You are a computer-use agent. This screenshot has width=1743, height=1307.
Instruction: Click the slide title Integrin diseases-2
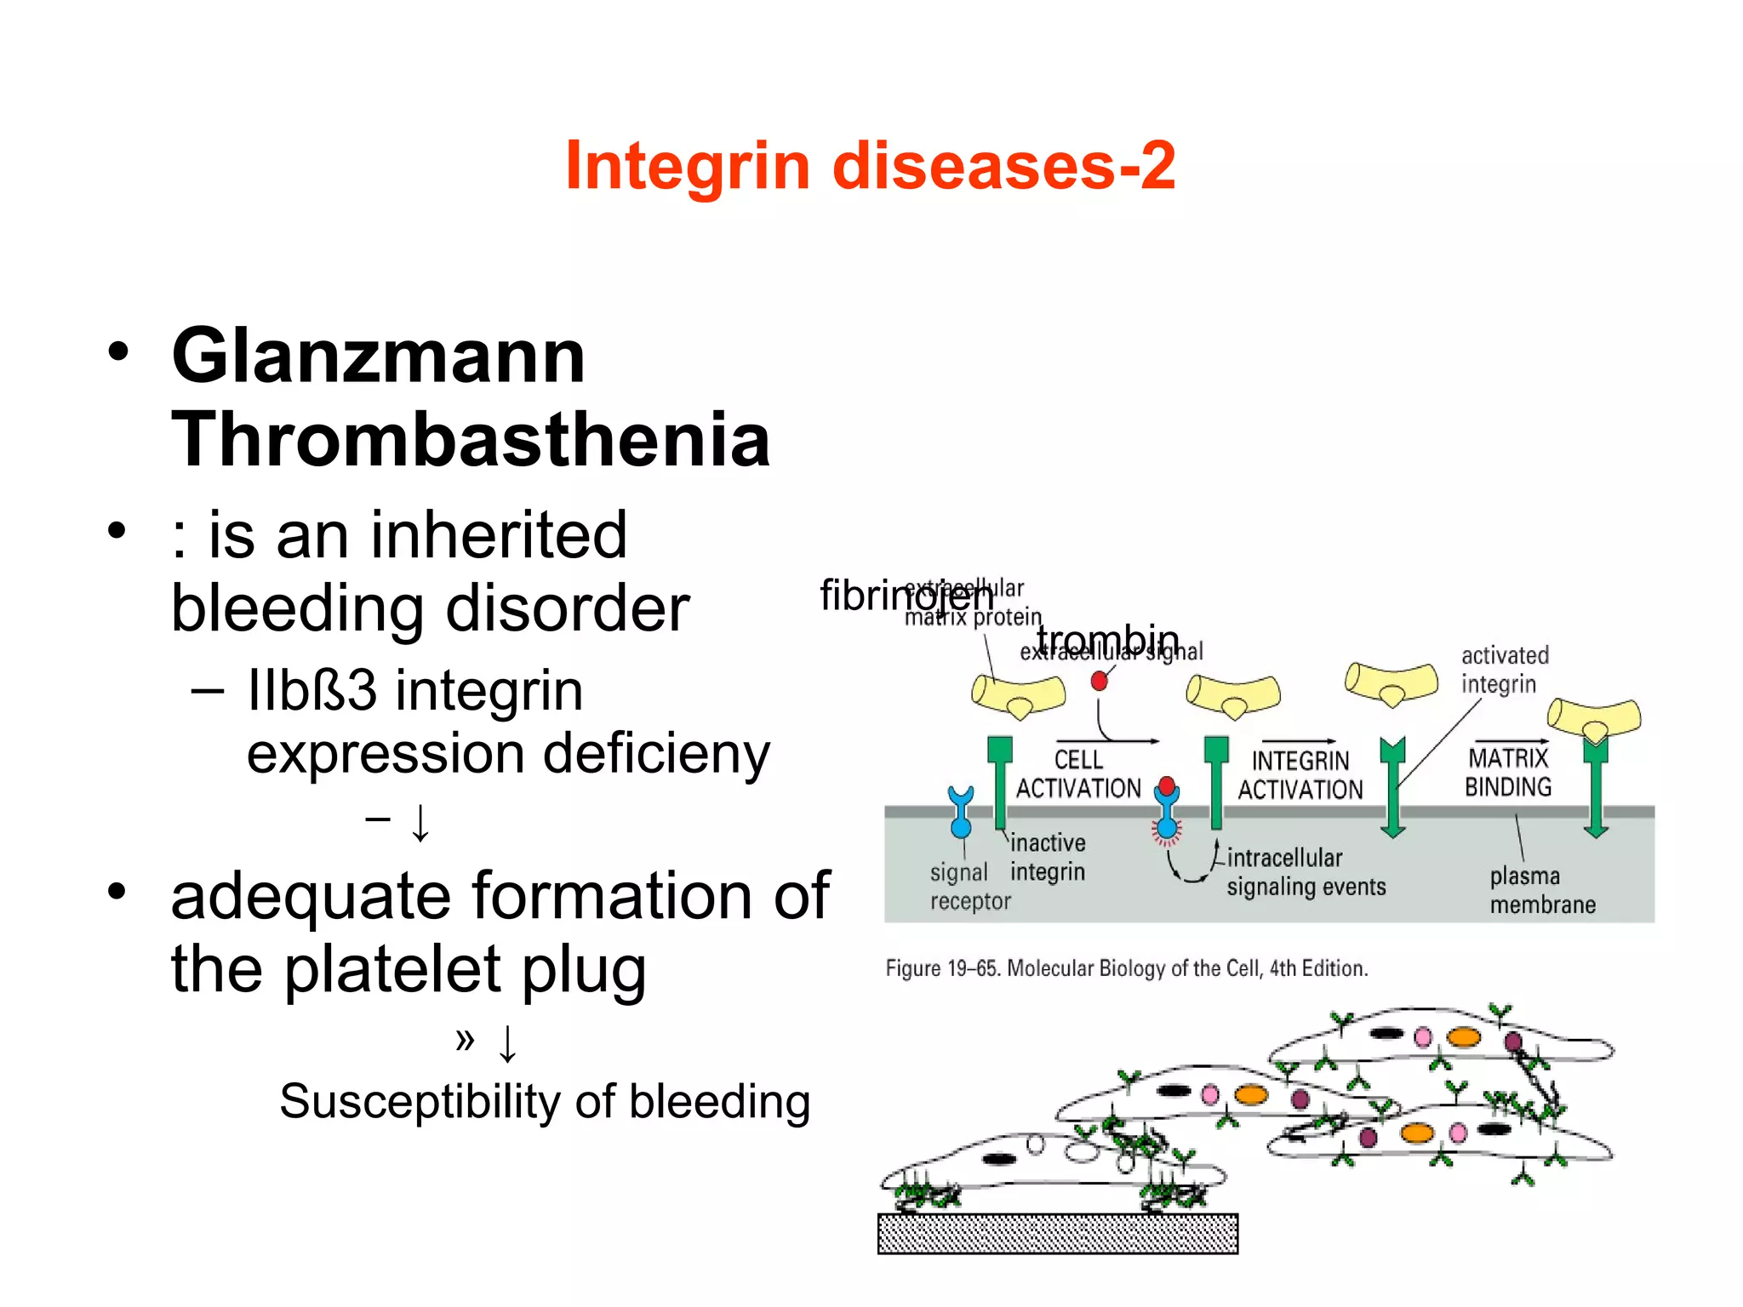[x=870, y=165]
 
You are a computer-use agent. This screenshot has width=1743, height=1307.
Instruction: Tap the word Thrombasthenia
[x=471, y=439]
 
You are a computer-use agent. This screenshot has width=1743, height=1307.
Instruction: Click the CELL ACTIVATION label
[x=1077, y=773]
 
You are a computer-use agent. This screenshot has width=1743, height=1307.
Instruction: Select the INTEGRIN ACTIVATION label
[x=1300, y=775]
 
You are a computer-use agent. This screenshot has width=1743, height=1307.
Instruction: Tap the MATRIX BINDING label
[x=1507, y=772]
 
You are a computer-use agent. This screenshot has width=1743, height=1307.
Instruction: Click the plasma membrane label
[x=1541, y=890]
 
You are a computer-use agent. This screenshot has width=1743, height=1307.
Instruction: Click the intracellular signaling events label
[x=1305, y=872]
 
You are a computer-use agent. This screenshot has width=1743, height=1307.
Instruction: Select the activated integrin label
[x=1504, y=670]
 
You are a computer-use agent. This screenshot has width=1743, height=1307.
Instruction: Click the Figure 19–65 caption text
[x=1126, y=968]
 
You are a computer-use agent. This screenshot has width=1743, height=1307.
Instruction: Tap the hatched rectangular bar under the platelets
[x=1057, y=1233]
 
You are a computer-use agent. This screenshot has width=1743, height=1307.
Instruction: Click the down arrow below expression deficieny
[x=420, y=822]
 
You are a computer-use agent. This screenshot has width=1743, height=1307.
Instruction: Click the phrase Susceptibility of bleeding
[x=545, y=1101]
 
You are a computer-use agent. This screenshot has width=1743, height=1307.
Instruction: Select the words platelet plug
[x=465, y=969]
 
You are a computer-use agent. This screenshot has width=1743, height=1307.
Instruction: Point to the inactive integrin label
[x=1047, y=857]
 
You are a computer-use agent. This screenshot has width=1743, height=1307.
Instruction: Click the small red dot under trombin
[x=1099, y=681]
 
